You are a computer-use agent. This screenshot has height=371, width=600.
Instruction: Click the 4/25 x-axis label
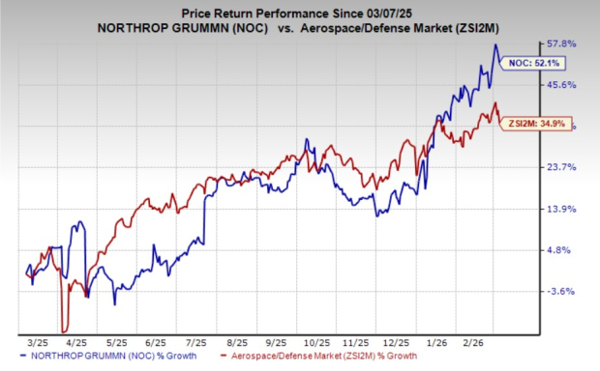click(x=73, y=342)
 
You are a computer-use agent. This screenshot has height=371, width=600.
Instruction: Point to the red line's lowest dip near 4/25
click(x=66, y=330)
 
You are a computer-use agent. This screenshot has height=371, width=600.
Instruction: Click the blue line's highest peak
click(x=495, y=44)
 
